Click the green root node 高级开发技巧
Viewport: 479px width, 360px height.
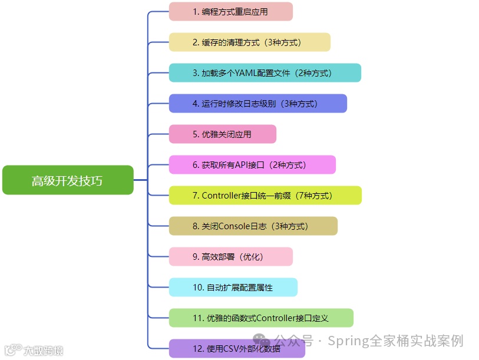click(68, 180)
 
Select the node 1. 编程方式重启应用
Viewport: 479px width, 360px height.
click(230, 12)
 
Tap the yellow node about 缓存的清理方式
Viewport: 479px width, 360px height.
click(249, 42)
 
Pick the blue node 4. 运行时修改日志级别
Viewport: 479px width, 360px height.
click(257, 104)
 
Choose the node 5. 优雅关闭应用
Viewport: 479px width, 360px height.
click(222, 134)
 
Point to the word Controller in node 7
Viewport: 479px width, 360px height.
click(221, 196)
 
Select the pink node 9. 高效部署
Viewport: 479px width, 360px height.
click(230, 257)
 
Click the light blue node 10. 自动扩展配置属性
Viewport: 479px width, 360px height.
click(233, 288)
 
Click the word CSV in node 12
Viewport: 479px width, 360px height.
click(232, 349)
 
